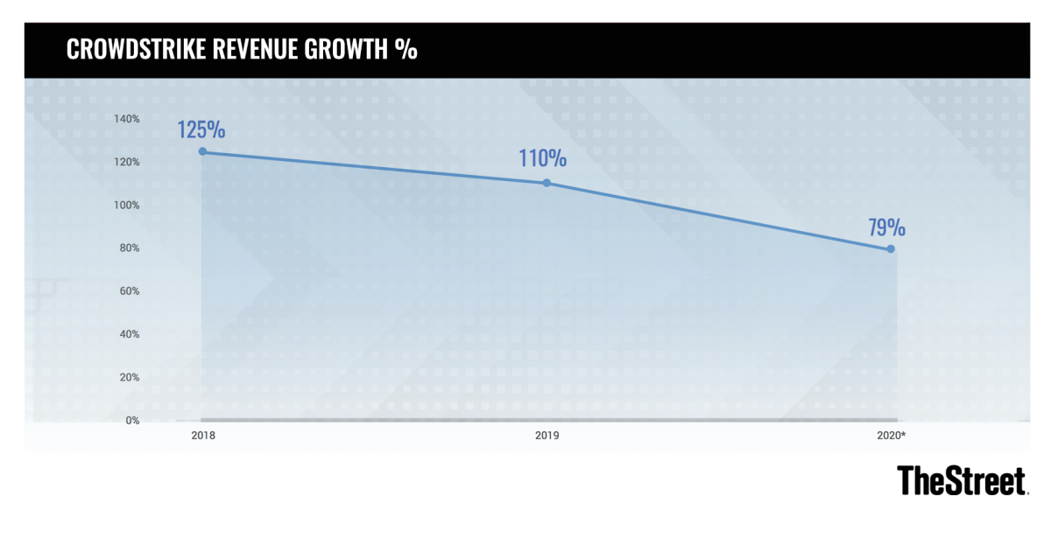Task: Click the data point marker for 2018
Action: pyautogui.click(x=202, y=151)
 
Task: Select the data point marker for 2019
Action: pyautogui.click(x=547, y=183)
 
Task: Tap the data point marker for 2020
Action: pyautogui.click(x=891, y=248)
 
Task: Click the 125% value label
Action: pyautogui.click(x=201, y=130)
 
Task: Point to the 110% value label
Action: pyautogui.click(x=542, y=159)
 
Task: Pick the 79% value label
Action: pyautogui.click(x=886, y=228)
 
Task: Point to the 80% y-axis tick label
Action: pyautogui.click(x=130, y=248)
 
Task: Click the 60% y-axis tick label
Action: pyautogui.click(x=130, y=291)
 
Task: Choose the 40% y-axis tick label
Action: pyautogui.click(x=130, y=334)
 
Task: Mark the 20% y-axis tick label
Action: pyautogui.click(x=130, y=377)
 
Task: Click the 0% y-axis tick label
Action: pyautogui.click(x=132, y=420)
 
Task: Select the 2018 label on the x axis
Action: pyautogui.click(x=202, y=435)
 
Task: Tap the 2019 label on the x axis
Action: pyautogui.click(x=547, y=435)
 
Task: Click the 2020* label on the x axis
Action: pyautogui.click(x=892, y=435)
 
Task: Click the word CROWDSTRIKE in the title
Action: pyautogui.click(x=137, y=50)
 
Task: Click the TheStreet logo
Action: pyautogui.click(x=962, y=480)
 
